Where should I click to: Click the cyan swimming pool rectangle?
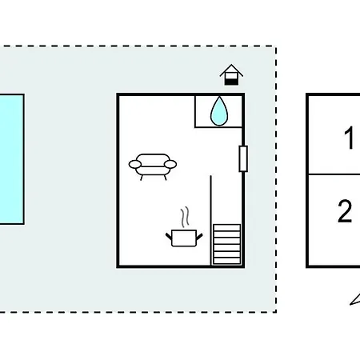pos(11,159)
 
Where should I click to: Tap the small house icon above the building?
pos(231,75)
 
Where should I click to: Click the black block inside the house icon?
pos(231,82)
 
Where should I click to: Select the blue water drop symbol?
pos(219,111)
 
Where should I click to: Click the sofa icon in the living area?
pos(153,166)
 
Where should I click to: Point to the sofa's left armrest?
pos(135,164)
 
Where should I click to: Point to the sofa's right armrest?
pos(170,164)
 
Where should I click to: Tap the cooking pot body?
pos(184,238)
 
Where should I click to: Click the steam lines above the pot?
pos(185,217)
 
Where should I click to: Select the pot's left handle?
pos(169,236)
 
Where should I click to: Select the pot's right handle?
pos(199,236)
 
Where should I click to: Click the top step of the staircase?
pos(226,227)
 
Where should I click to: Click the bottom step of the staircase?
pos(226,261)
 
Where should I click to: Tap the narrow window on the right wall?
pos(243,158)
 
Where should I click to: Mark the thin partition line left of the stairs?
pos(211,220)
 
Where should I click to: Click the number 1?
pos(349,138)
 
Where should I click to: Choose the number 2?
pos(345,210)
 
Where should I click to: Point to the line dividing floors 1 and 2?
pos(334,174)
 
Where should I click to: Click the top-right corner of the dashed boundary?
pos(276,46)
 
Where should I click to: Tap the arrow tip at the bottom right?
pos(350,304)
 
